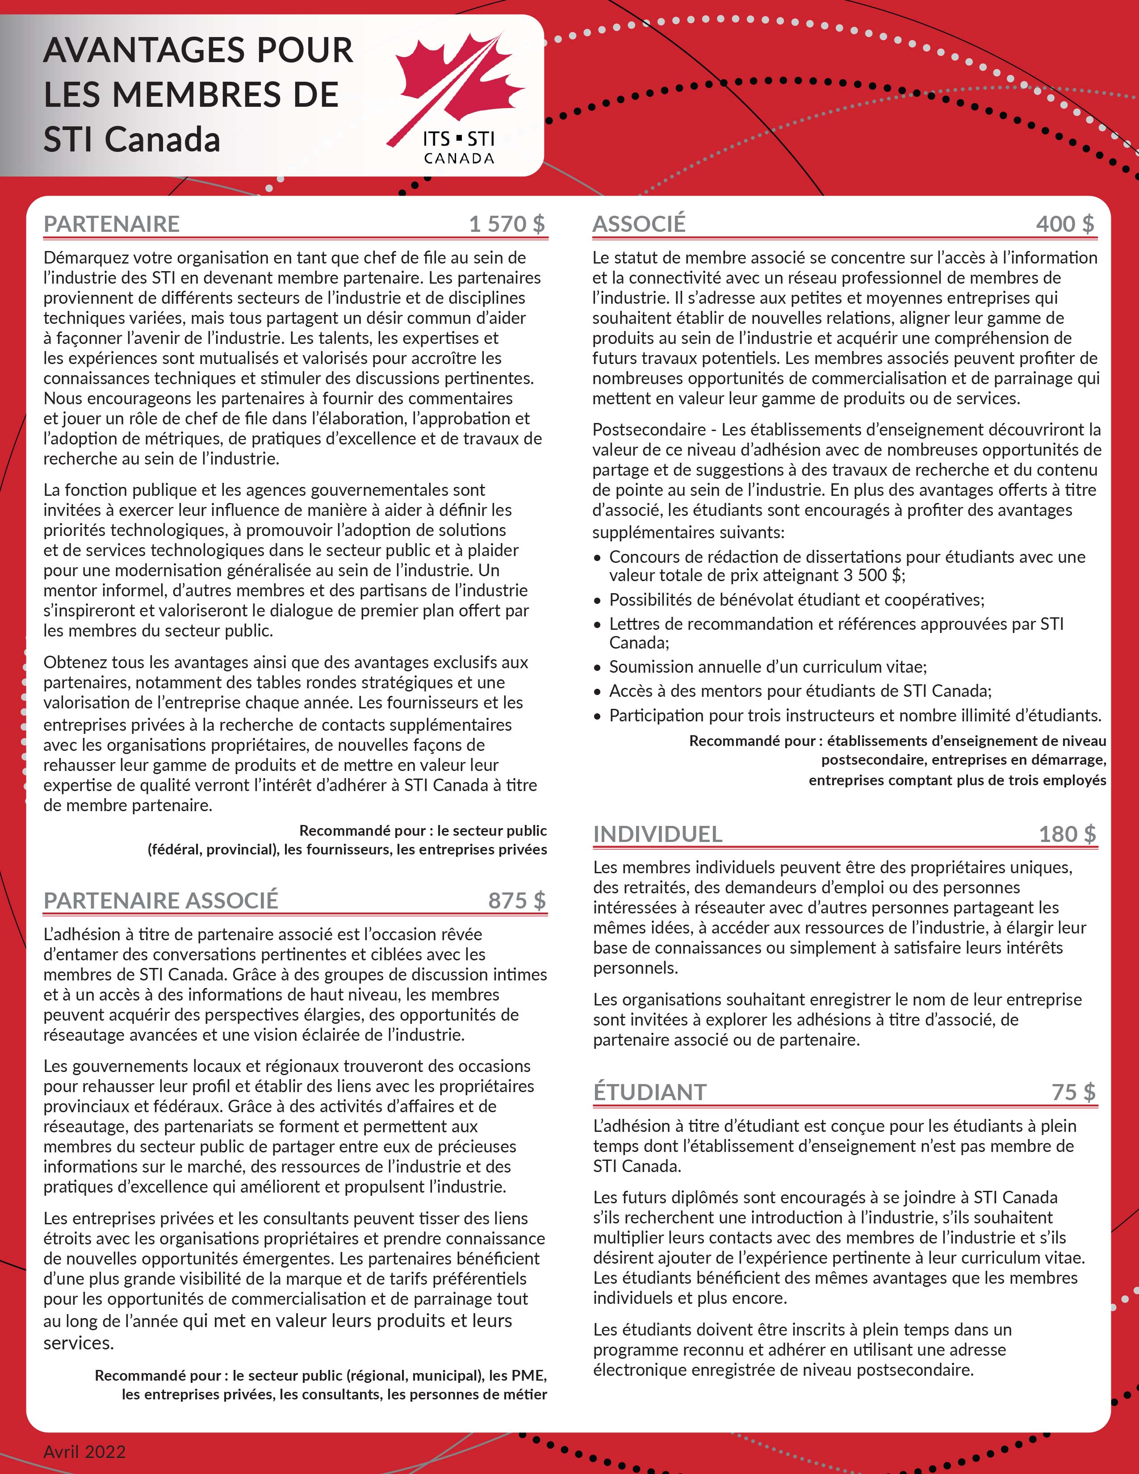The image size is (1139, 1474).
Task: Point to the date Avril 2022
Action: click(84, 1452)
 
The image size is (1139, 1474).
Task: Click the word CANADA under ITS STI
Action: click(459, 159)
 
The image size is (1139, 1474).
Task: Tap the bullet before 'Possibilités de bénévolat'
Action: click(597, 601)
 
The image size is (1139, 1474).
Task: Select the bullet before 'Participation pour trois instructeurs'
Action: click(597, 716)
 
